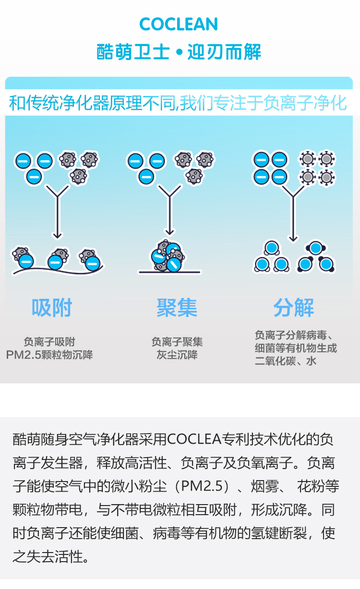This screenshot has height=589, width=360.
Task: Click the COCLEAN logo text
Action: click(x=179, y=24)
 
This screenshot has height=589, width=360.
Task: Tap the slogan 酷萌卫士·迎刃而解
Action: click(x=179, y=52)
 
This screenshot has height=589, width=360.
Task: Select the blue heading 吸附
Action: click(x=52, y=307)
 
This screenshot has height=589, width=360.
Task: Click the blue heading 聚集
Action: click(x=177, y=307)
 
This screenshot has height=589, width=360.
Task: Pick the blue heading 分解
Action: click(x=294, y=307)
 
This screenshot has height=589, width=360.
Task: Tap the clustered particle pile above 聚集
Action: click(x=168, y=256)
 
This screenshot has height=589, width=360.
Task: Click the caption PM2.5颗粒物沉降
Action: click(x=49, y=355)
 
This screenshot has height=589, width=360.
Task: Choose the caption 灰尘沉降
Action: click(x=177, y=355)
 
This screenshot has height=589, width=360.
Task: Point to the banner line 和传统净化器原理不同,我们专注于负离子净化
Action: click(x=179, y=103)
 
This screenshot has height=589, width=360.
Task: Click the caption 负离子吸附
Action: click(x=49, y=342)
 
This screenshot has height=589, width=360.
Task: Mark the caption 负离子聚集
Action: click(x=177, y=342)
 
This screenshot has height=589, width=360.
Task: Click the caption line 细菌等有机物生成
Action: click(x=296, y=348)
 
